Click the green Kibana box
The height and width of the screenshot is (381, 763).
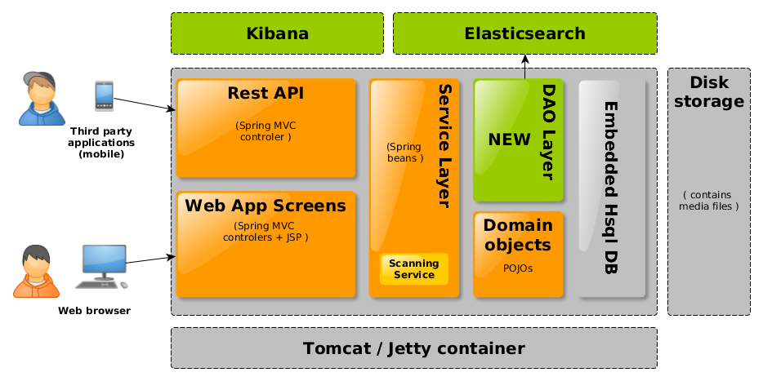[277, 33]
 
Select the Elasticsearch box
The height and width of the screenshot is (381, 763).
[525, 33]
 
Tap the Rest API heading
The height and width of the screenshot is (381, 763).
[265, 93]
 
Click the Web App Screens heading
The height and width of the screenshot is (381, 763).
[265, 206]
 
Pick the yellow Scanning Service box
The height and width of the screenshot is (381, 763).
[414, 268]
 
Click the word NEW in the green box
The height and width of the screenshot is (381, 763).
[509, 140]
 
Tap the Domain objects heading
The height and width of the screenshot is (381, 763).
[518, 234]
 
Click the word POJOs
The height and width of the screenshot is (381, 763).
[518, 268]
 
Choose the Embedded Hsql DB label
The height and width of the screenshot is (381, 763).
[610, 187]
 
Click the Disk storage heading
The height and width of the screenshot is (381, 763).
[709, 92]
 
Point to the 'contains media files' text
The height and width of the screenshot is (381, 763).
[709, 201]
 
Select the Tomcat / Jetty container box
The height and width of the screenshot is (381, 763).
[413, 348]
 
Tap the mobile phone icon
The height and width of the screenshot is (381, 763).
[104, 95]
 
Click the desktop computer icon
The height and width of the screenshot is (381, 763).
[101, 266]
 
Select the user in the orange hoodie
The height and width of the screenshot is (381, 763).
[37, 271]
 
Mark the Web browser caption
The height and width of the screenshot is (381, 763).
[94, 311]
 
